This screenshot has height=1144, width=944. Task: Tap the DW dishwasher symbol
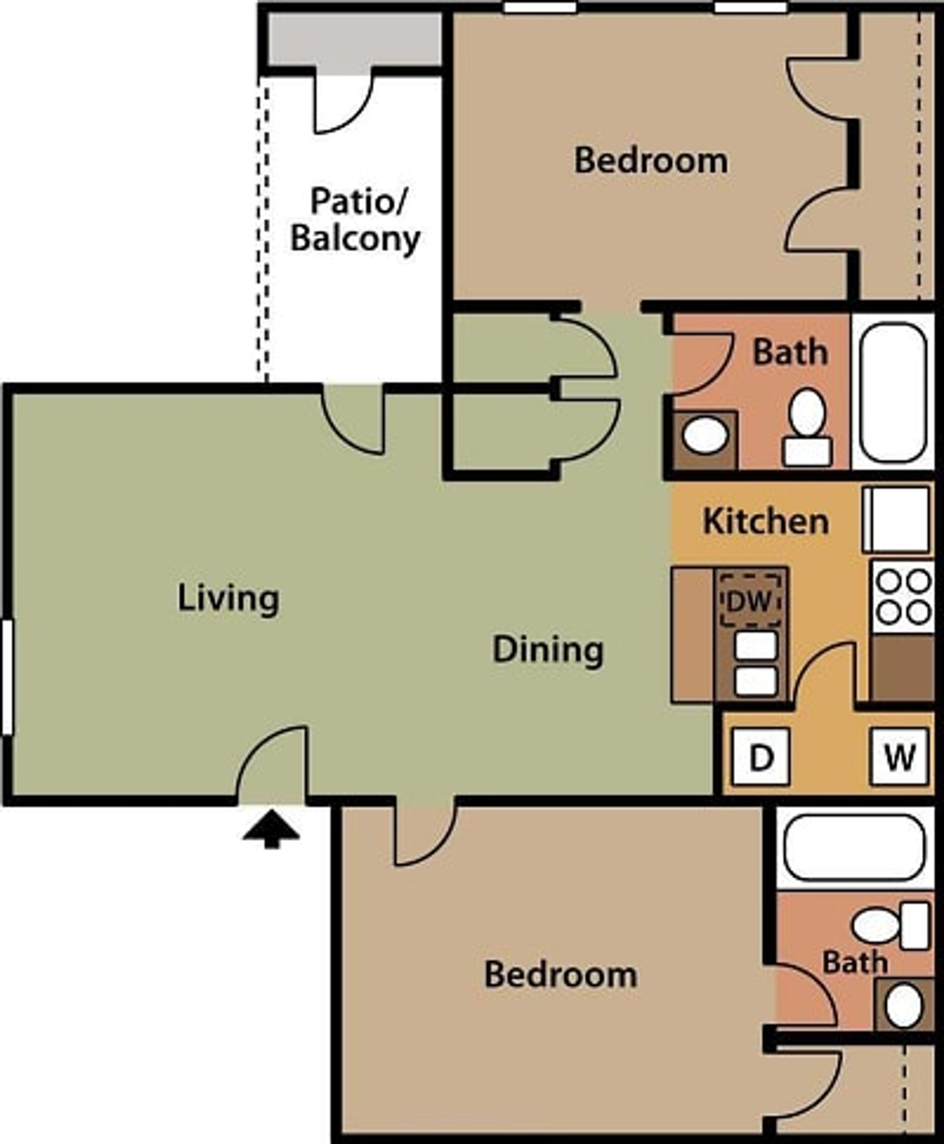tap(750, 601)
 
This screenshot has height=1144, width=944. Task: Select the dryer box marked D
tap(761, 757)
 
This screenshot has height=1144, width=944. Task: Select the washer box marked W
tap(900, 757)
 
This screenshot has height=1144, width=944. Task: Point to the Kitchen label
tap(765, 521)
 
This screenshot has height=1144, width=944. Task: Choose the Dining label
tap(548, 649)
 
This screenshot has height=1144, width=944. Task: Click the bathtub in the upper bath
tap(893, 392)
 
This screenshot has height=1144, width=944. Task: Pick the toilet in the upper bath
tap(808, 428)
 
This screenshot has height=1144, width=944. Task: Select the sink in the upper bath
tap(705, 435)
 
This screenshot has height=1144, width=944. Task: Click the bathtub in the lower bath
tap(855, 848)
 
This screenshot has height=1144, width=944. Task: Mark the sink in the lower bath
tap(904, 1005)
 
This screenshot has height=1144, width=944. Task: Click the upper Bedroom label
tap(650, 161)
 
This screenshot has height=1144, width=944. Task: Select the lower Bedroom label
tap(560, 975)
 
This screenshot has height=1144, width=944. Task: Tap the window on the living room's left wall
tap(7, 677)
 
